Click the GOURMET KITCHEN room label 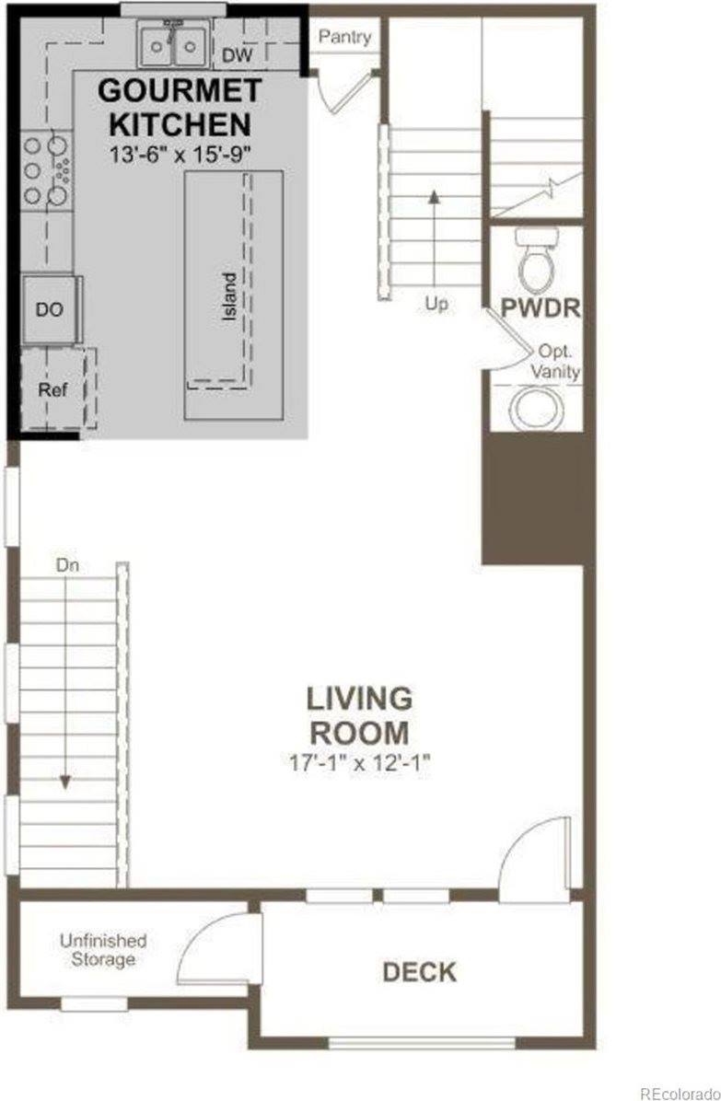pyautogui.click(x=174, y=108)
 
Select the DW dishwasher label pyautogui.click(x=236, y=56)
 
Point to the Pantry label pyautogui.click(x=344, y=38)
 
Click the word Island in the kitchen pyautogui.click(x=229, y=294)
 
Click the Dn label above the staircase pyautogui.click(x=66, y=566)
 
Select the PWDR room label pyautogui.click(x=541, y=307)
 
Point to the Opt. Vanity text pyautogui.click(x=555, y=363)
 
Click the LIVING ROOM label pyautogui.click(x=359, y=715)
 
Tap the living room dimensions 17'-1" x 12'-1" pyautogui.click(x=359, y=762)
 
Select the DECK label pyautogui.click(x=419, y=971)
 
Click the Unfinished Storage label pyautogui.click(x=102, y=950)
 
